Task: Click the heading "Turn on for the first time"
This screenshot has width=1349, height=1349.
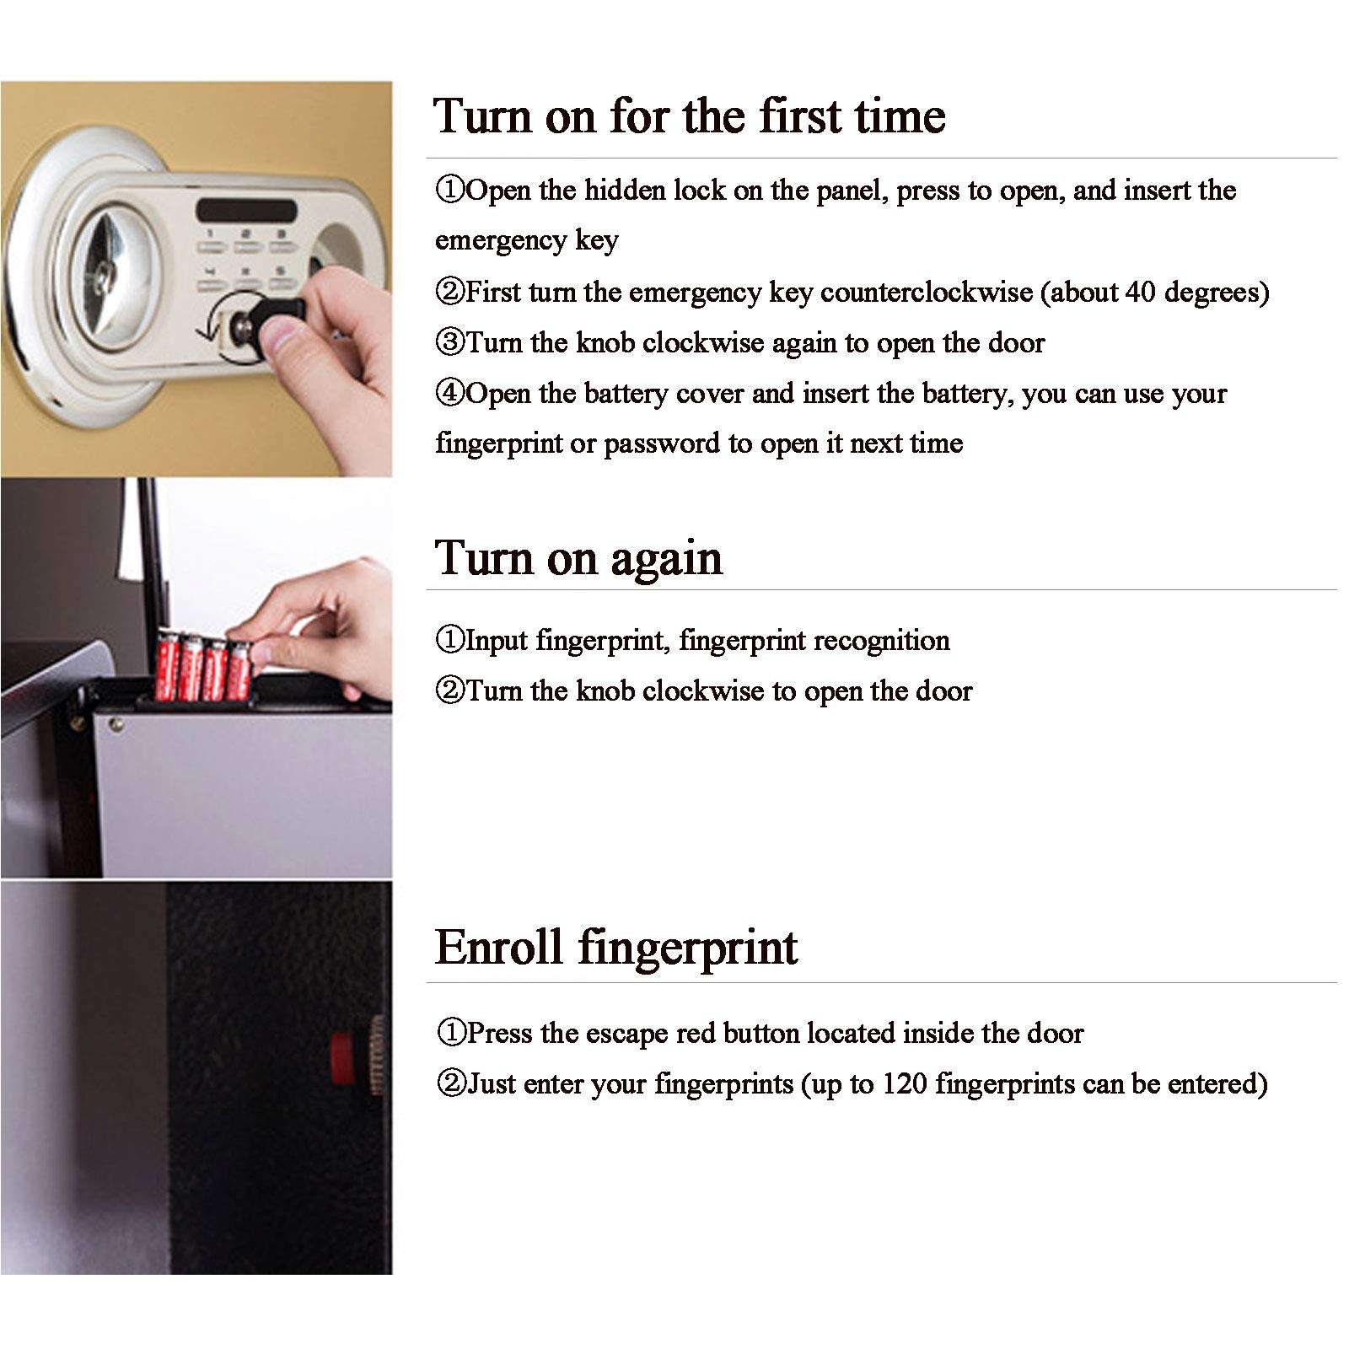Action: click(x=689, y=116)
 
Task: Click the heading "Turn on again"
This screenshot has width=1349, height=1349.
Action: click(x=578, y=558)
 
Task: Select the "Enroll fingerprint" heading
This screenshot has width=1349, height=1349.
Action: click(x=615, y=947)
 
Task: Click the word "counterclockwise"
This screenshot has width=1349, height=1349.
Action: click(x=926, y=293)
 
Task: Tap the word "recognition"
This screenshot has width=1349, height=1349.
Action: click(x=869, y=641)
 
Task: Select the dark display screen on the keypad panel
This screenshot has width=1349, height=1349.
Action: click(x=246, y=211)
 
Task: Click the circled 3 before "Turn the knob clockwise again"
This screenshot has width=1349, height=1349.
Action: click(x=449, y=342)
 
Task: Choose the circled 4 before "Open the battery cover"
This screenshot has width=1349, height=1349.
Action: click(x=449, y=393)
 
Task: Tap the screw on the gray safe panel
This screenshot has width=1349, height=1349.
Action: click(x=116, y=723)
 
